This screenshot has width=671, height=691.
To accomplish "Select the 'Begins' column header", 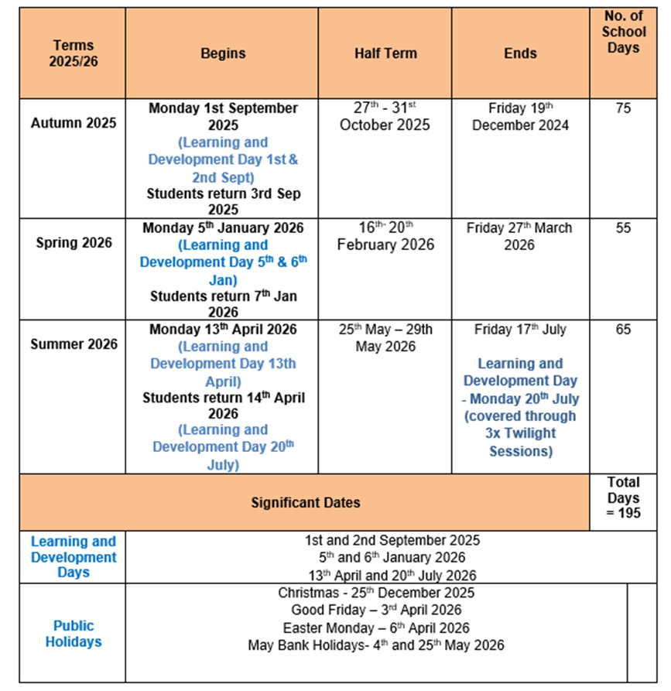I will tap(223, 53).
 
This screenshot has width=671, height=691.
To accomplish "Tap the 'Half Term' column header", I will tap(385, 53).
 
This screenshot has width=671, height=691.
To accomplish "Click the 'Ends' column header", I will tap(520, 53).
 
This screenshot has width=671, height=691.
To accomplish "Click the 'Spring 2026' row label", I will tap(74, 243).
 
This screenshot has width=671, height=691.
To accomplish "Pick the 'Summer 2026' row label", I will tap(74, 344).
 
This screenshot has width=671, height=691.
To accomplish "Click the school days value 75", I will tap(623, 108).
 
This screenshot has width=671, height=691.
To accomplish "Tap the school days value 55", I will tap(623, 228).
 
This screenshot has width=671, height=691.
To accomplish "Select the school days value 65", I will tap(623, 330).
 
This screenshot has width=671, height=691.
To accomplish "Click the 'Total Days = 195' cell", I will tap(624, 498).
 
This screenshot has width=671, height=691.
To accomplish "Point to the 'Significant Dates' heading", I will tap(306, 503).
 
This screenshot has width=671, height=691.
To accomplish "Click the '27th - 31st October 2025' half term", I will tap(385, 116).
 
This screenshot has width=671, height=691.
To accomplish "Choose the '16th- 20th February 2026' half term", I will tap(385, 236).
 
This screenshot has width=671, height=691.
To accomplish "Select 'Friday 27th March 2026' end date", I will tap(519, 236).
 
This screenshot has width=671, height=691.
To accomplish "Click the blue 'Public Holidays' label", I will tap(74, 633).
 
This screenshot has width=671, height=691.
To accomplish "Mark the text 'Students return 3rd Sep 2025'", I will tap(223, 201).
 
